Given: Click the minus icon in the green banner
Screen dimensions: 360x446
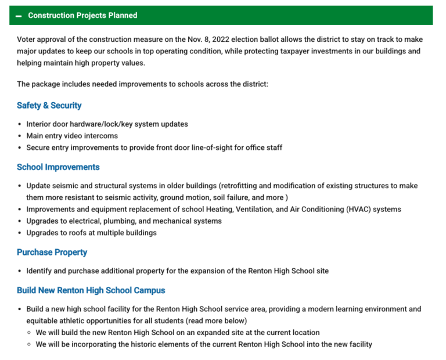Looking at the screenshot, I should [x=19, y=16].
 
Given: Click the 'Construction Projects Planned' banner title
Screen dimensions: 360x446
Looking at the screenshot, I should [x=82, y=16].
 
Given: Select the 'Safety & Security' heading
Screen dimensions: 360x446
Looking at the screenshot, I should [x=49, y=106].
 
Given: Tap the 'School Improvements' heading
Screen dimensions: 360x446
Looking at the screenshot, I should [x=58, y=167].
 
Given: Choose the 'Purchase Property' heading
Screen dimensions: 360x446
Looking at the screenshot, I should [x=52, y=253].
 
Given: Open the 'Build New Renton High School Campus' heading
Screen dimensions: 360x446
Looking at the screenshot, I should [x=91, y=290].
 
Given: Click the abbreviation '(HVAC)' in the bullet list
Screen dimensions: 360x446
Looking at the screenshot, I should [x=356, y=210].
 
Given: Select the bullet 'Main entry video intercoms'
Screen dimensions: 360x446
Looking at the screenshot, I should [x=72, y=136].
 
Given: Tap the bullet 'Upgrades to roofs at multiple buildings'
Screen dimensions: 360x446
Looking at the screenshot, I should [x=91, y=233].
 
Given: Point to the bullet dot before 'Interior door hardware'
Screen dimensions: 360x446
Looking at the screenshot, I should [x=20, y=124].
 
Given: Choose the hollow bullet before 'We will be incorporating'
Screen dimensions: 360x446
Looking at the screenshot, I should [x=29, y=344].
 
